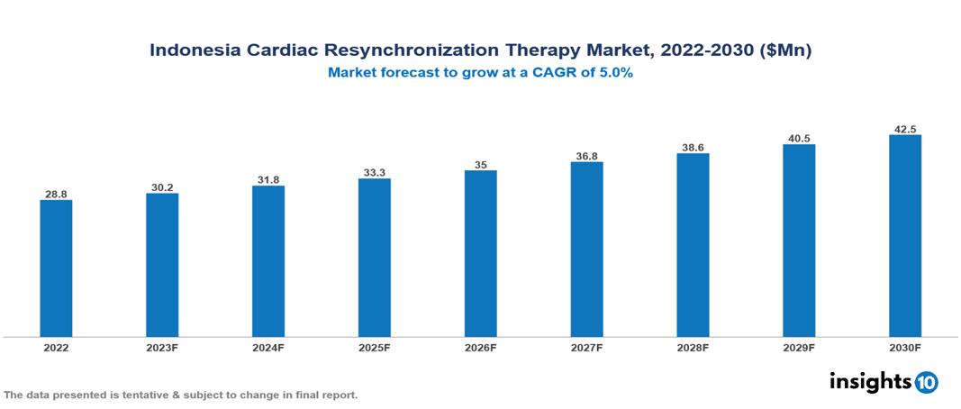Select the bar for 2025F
pyautogui.click(x=374, y=258)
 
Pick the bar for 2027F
pyautogui.click(x=586, y=250)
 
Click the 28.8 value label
pyautogui.click(x=56, y=194)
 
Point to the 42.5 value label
pyautogui.click(x=904, y=129)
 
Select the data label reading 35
pyautogui.click(x=480, y=165)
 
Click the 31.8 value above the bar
pyautogui.click(x=268, y=180)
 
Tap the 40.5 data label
pyautogui.click(x=799, y=139)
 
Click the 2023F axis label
pyautogui.click(x=162, y=347)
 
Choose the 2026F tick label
pyautogui.click(x=480, y=347)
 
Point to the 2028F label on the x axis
pyautogui.click(x=693, y=347)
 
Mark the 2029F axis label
pyautogui.click(x=799, y=347)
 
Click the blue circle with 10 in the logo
pyautogui.click(x=927, y=382)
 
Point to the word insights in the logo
pyautogui.click(x=870, y=381)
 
